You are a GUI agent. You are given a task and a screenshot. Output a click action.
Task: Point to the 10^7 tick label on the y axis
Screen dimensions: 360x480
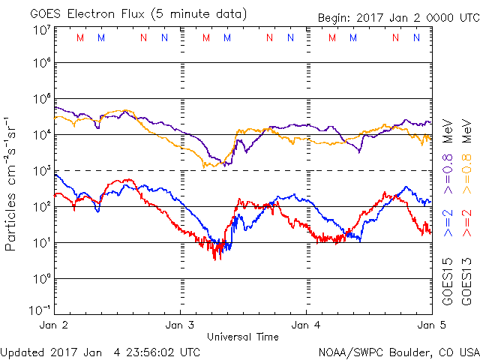coord(41,30)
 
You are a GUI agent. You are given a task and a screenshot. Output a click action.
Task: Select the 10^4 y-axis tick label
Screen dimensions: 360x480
coord(41,135)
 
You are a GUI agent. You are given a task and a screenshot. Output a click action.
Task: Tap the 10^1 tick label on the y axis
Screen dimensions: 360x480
coord(41,243)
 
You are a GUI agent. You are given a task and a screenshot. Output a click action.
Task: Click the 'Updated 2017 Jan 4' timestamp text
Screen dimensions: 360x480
coord(100,351)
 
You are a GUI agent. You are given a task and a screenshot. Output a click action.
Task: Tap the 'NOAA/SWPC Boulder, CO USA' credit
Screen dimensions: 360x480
coord(398,351)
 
